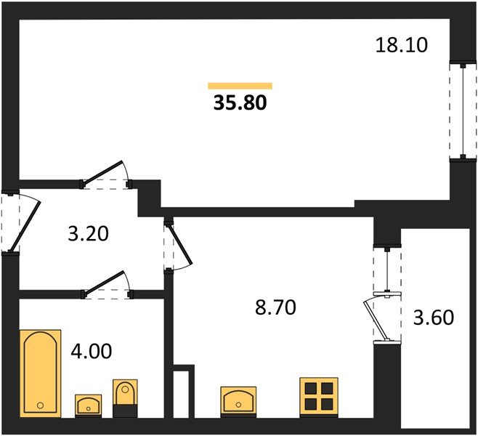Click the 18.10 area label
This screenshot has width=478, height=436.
[402, 45]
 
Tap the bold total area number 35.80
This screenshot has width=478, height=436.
[240, 102]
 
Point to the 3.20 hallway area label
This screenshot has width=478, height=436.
[88, 234]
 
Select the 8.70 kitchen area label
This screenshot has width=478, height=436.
[275, 307]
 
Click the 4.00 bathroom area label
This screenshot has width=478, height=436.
[91, 351]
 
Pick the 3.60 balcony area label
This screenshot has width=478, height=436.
[434, 318]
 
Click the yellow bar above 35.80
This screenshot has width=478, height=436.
[240, 86]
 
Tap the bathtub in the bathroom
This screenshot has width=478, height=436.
[41, 374]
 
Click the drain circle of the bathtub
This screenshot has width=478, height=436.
[40, 405]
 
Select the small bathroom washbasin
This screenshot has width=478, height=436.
[89, 405]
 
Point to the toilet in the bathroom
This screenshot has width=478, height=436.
[125, 398]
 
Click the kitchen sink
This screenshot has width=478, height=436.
[238, 402]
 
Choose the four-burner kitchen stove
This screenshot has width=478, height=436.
[319, 397]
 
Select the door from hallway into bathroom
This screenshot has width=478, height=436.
[104, 283]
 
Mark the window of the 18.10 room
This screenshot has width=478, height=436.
[463, 111]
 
